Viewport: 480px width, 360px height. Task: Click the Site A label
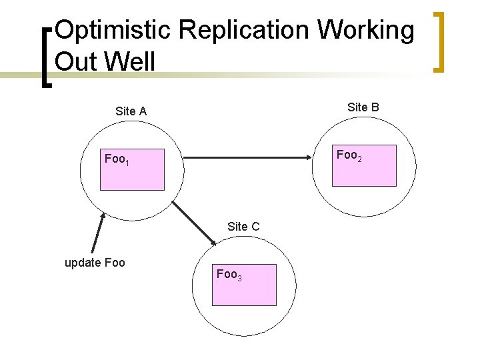pos(131,111)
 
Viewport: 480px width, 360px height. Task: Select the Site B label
pos(363,107)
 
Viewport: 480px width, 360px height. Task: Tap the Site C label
pos(243,227)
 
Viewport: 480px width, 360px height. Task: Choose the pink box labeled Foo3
pos(244,285)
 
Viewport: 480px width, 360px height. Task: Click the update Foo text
pos(95,262)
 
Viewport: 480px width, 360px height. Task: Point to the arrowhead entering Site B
pos(307,158)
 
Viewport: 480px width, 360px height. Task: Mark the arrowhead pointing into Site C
pos(205,243)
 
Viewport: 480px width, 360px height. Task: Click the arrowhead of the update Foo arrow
pos(103,216)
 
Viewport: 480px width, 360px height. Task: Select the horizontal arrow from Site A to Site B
pos(247,158)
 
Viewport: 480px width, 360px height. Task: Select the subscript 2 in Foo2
pos(360,158)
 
